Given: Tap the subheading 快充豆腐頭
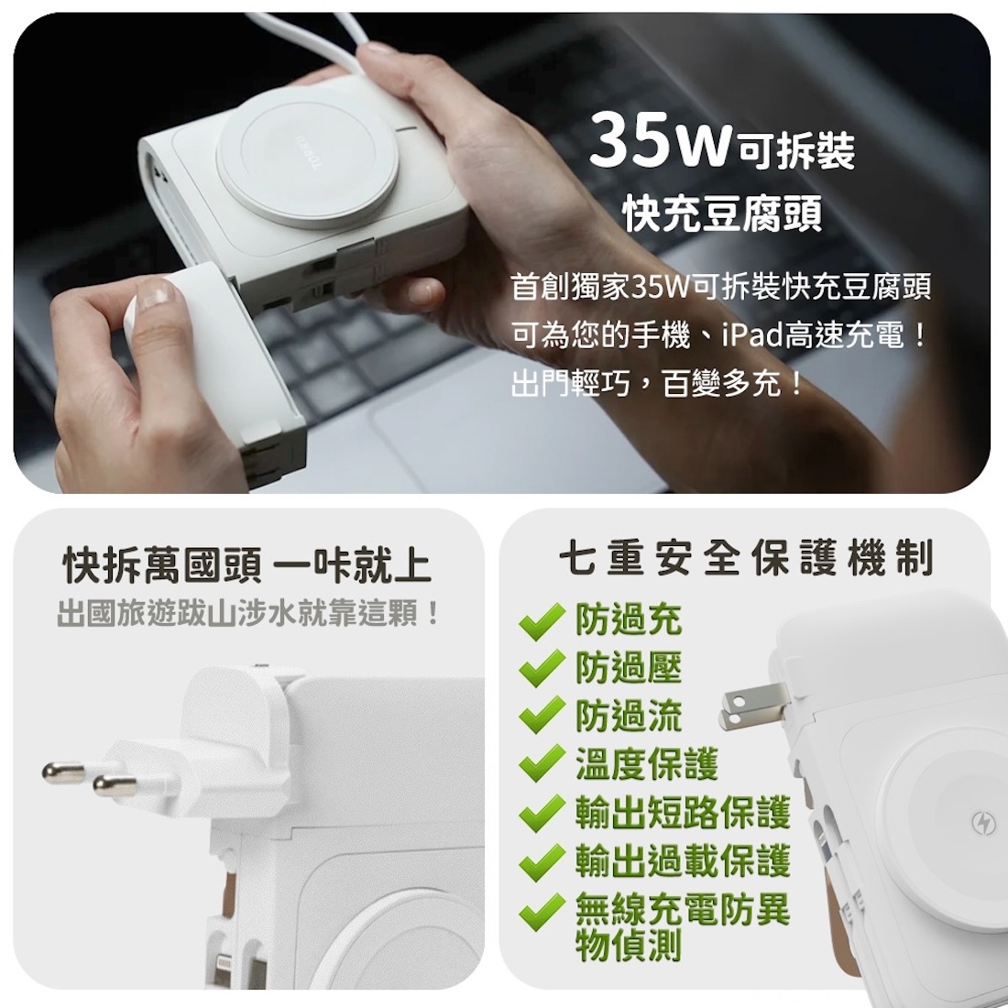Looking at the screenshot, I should (x=722, y=213).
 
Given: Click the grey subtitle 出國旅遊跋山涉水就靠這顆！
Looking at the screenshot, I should (x=248, y=613).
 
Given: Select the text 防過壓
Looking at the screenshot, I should (x=629, y=668).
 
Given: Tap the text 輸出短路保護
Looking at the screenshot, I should (x=682, y=813).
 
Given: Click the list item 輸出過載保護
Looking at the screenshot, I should (x=682, y=861).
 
